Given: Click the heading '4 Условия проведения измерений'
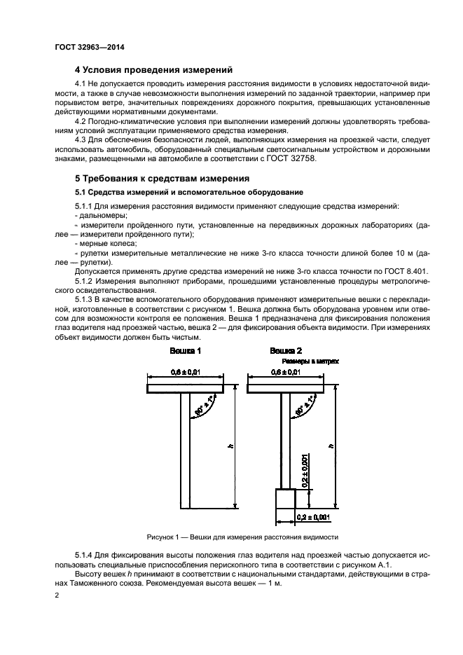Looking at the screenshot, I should pos(153,70).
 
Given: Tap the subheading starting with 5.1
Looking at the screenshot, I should pos(188,192).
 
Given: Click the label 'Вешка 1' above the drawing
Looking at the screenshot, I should pos(185,349).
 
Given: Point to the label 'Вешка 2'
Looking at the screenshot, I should pos(286,349).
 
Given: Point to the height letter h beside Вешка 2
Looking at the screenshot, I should pos(331,446).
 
